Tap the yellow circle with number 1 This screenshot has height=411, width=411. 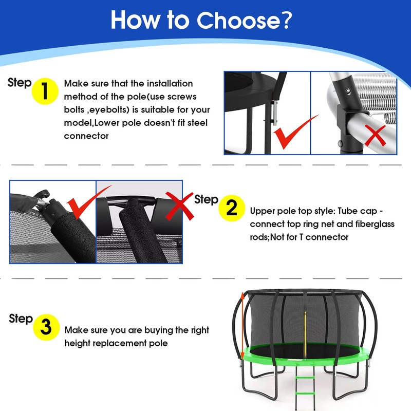[45, 91]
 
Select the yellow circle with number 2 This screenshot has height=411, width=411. [232, 208]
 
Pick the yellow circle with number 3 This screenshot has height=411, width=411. [46, 327]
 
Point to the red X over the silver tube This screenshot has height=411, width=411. [376, 135]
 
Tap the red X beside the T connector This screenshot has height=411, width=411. [179, 206]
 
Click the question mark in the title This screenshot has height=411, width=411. [286, 20]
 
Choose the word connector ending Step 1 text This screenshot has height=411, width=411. [86, 136]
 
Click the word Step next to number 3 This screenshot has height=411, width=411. [21, 319]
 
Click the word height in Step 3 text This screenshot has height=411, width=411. [78, 343]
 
